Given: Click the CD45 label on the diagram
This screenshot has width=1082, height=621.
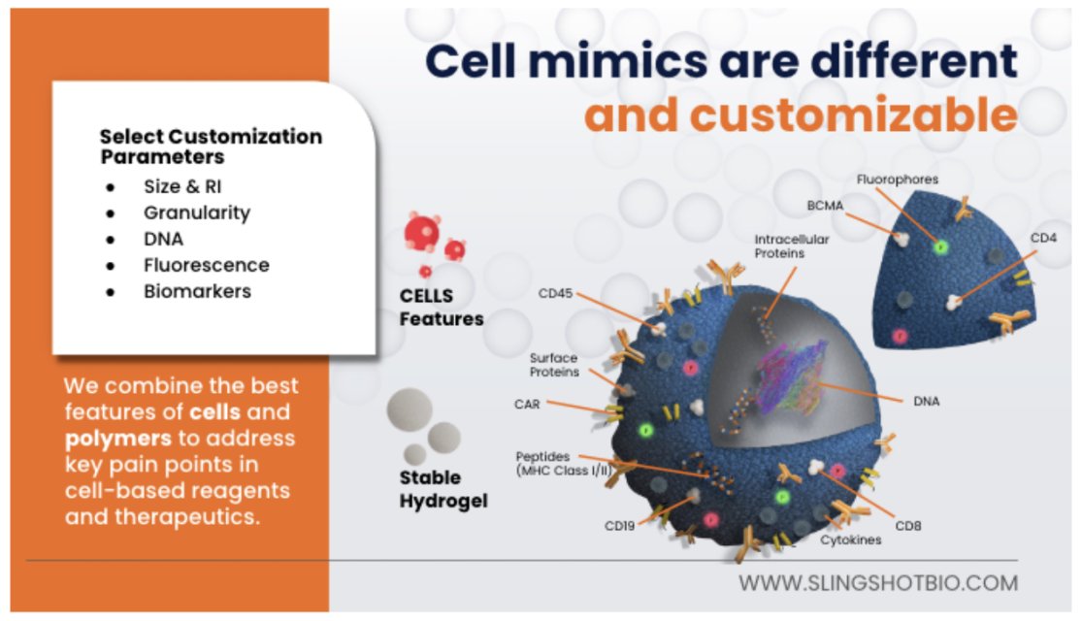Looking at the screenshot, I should click(x=557, y=293).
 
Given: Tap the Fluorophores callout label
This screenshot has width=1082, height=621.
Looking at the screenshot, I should click(x=898, y=180).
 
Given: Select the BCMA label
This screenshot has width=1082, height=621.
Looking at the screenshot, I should click(x=826, y=206).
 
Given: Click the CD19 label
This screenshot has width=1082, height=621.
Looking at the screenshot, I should click(x=620, y=526).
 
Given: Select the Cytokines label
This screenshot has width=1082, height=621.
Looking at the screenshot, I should click(x=850, y=539).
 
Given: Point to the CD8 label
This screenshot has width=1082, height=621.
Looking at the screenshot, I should click(x=908, y=526).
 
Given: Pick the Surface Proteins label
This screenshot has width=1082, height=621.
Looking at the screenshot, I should click(x=554, y=364).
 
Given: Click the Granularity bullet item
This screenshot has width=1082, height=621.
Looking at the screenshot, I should click(x=197, y=212).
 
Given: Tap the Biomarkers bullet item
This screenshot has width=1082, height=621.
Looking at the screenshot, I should click(x=197, y=291).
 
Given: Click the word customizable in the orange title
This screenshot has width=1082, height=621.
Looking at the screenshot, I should click(x=801, y=115).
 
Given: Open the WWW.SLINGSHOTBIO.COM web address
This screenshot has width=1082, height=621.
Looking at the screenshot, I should click(x=878, y=583).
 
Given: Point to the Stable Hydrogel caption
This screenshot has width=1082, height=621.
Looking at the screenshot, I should click(x=443, y=489).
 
